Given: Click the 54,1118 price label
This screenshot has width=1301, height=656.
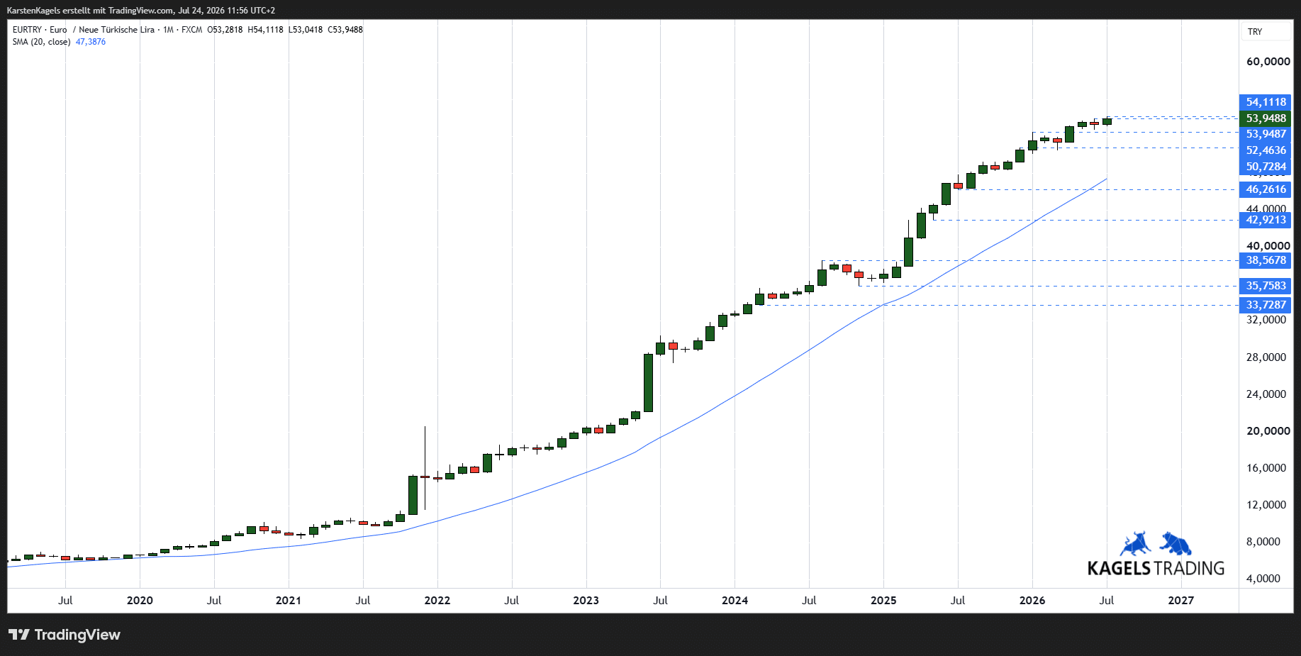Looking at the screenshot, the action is (1265, 102).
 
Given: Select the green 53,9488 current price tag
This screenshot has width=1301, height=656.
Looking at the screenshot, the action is (1265, 118).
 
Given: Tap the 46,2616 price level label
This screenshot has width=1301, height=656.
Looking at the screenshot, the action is (1265, 189).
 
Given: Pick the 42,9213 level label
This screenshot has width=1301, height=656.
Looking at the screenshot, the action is (1265, 220).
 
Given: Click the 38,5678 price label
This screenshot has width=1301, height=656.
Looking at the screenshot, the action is (1265, 260).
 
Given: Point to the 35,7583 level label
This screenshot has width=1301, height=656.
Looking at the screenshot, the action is (1265, 286).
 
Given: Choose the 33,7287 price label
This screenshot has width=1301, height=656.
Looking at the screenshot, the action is (1265, 305).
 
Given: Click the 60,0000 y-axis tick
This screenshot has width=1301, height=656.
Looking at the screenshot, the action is (1268, 62).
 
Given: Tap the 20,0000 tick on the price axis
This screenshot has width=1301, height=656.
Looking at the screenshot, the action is (1268, 431).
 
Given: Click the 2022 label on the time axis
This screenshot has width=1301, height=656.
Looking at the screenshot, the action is (437, 601).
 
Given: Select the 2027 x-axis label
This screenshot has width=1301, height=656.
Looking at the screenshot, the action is (1180, 601).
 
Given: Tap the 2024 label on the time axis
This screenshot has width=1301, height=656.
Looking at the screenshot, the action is (735, 601).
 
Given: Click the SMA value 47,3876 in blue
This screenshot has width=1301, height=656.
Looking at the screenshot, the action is (91, 42).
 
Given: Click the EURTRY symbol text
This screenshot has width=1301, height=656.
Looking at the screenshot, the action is (27, 30).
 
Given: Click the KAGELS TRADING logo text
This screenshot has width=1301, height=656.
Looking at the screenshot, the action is (1156, 568).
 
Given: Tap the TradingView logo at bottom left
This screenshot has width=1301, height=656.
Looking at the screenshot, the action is (65, 635).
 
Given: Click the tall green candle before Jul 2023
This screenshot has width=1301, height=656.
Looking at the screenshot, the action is (648, 383).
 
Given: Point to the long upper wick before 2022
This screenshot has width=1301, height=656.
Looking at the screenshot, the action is (425, 451).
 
